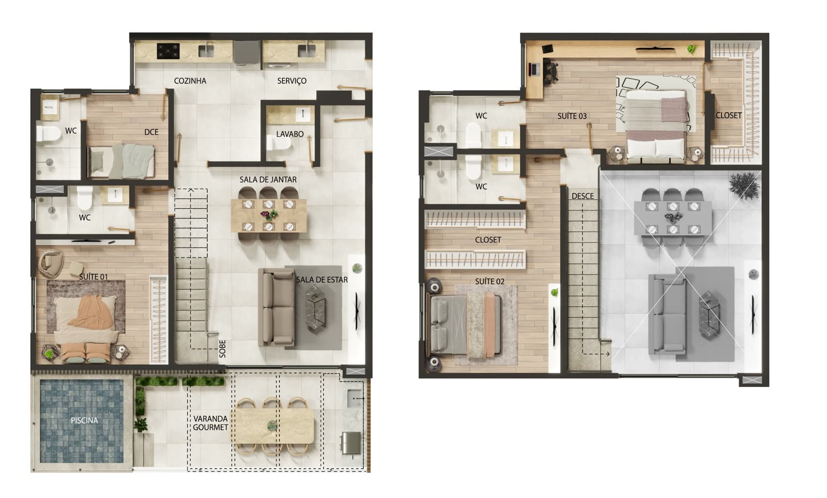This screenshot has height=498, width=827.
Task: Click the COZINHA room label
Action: tap(190, 81)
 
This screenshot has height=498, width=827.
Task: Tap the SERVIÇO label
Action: tap(292, 81)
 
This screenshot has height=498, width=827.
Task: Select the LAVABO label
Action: tap(289, 134)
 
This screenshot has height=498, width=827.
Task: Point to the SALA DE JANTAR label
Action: tap(268, 179)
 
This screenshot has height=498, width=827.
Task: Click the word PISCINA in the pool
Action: tap(84, 420)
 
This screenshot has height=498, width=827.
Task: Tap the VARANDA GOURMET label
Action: tap(210, 423)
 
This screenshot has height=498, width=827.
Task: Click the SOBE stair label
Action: tap(222, 349)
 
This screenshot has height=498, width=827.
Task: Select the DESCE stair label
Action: tap(583, 196)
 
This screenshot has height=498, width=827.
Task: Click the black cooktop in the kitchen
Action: tap(169, 51)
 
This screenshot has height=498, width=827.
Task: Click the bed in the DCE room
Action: tap(122, 161)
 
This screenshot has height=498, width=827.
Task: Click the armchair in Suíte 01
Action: tap(51, 261)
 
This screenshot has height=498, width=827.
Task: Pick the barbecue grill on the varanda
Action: tap(350, 443)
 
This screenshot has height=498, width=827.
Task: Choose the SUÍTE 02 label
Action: tap(489, 281)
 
